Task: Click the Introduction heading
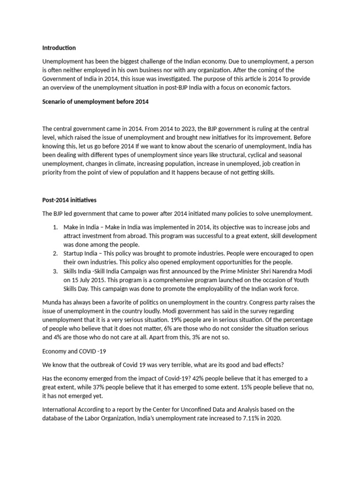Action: (x=59, y=48)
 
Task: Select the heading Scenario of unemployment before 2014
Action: (x=95, y=101)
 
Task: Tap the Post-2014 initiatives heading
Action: (x=69, y=200)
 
